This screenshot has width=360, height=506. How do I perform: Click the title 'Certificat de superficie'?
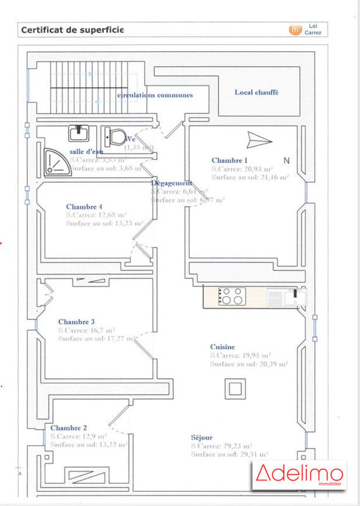[72, 30]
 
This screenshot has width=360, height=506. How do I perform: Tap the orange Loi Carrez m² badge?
[294, 30]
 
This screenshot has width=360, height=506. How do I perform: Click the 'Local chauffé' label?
[256, 92]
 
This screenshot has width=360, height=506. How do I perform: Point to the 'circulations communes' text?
[155, 95]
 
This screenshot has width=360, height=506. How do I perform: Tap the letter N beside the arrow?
[287, 161]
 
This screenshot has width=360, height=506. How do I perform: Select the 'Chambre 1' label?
[230, 161]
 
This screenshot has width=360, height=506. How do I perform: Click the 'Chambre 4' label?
[84, 207]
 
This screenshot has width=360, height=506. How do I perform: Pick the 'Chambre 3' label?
[76, 321]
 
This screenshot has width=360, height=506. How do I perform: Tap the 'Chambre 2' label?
[69, 428]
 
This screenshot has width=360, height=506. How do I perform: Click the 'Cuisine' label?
[223, 347]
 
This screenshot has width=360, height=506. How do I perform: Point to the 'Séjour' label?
[202, 438]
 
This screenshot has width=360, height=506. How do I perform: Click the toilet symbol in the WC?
[115, 135]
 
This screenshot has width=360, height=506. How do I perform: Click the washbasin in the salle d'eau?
[79, 133]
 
